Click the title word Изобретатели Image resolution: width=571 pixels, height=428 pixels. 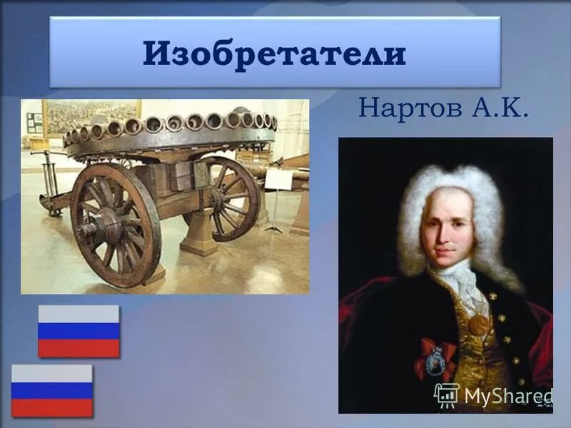[274, 54]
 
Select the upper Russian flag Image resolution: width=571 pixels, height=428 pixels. [79, 331]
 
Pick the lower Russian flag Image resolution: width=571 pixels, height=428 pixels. [52, 390]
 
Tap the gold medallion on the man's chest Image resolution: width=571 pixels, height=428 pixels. [479, 325]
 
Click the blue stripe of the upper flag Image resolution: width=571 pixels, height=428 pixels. [79, 331]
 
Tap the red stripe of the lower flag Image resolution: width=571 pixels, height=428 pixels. [52, 407]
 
